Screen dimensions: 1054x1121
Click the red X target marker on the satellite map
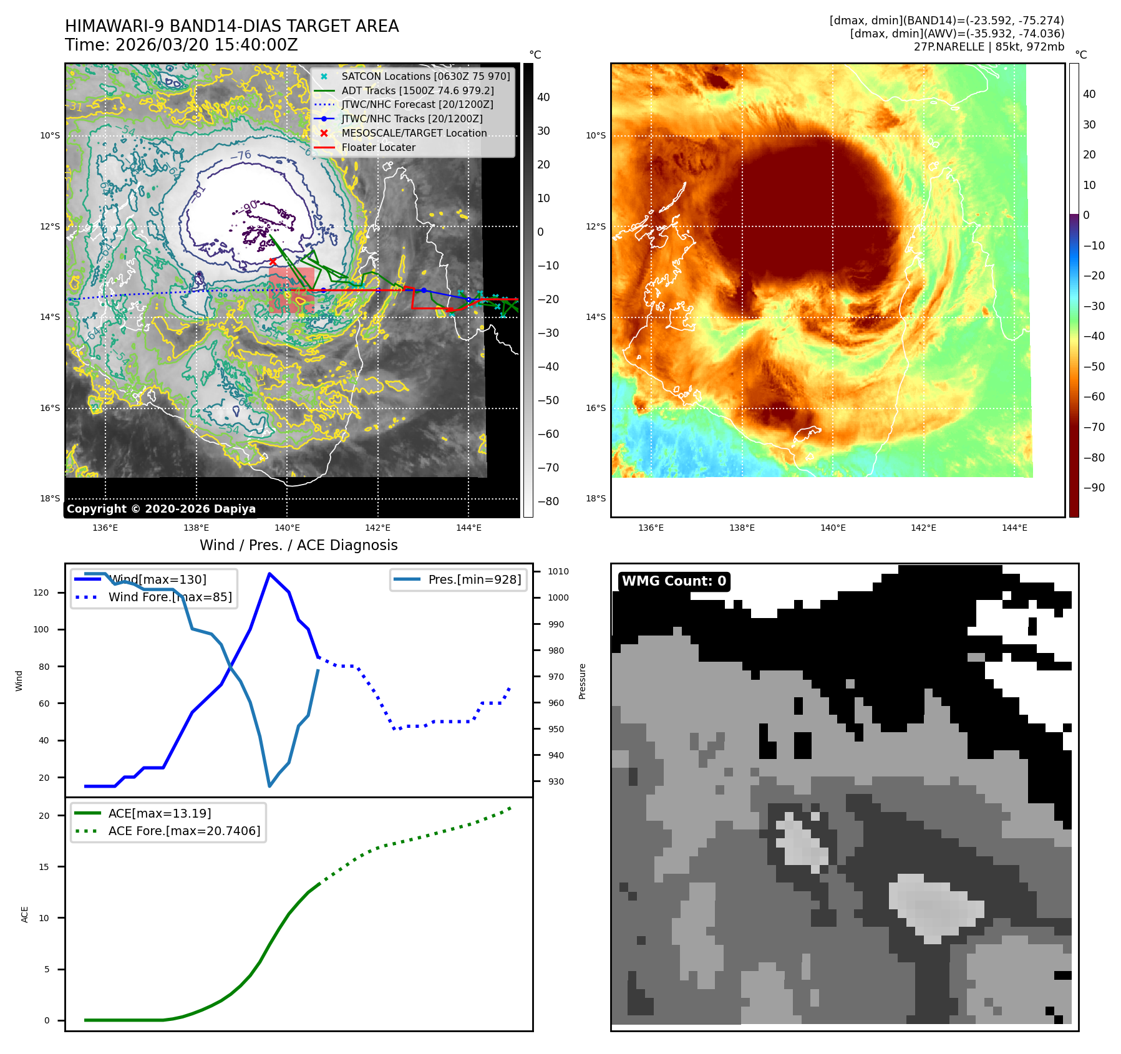[x=273, y=261]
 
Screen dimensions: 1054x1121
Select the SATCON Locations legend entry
[x=425, y=76]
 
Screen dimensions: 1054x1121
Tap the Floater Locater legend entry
[x=378, y=147]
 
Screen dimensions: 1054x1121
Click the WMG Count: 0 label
[x=674, y=581]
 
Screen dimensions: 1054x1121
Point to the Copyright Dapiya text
[x=161, y=509]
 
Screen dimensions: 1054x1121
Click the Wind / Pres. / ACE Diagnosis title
[x=298, y=545]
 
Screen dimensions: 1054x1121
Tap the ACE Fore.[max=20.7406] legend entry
[x=184, y=831]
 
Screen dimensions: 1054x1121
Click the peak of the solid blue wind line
[x=269, y=574]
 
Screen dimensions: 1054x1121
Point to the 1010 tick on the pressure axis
[x=558, y=571]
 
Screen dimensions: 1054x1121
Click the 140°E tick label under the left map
[x=287, y=528]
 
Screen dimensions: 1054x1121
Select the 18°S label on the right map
[x=595, y=498]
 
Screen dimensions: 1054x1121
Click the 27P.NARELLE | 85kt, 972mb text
[x=989, y=47]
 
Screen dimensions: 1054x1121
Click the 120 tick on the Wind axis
[x=41, y=592]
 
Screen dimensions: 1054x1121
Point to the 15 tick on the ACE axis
[x=44, y=867]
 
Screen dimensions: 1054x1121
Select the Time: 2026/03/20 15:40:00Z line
[x=182, y=46]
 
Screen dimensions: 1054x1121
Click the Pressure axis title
[x=582, y=681]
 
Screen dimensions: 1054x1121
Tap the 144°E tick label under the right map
[x=1014, y=528]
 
